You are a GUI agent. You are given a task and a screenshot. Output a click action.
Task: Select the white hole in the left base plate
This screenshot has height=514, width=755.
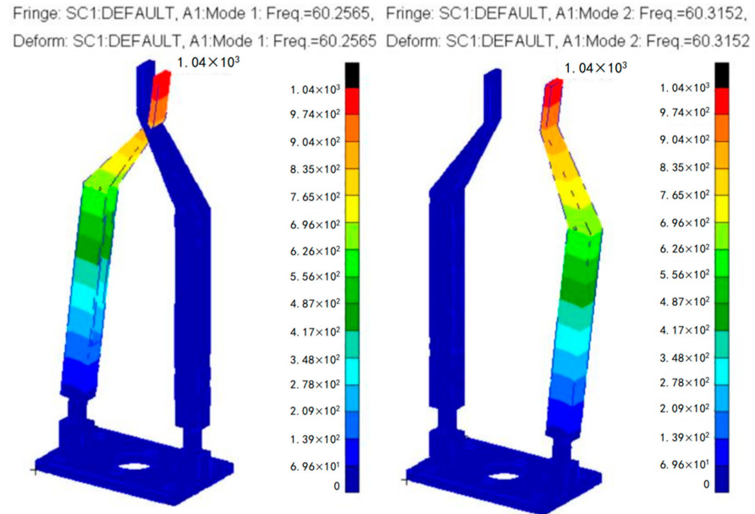(x=134, y=467)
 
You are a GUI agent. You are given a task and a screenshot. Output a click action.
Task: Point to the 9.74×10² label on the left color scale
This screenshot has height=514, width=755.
(x=315, y=115)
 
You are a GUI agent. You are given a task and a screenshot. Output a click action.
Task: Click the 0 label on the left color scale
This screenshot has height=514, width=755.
(x=336, y=486)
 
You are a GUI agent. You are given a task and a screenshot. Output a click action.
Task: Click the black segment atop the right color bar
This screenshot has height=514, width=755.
(x=722, y=75)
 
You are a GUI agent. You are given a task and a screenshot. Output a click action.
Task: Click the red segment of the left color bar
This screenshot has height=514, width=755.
(x=352, y=101)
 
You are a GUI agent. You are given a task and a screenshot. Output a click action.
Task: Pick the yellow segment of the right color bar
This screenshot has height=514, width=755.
(x=722, y=209)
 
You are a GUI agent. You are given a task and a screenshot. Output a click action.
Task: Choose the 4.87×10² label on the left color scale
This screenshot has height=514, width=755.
(x=315, y=303)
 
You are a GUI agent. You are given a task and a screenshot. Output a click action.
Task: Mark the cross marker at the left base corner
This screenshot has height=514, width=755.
(x=35, y=470)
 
